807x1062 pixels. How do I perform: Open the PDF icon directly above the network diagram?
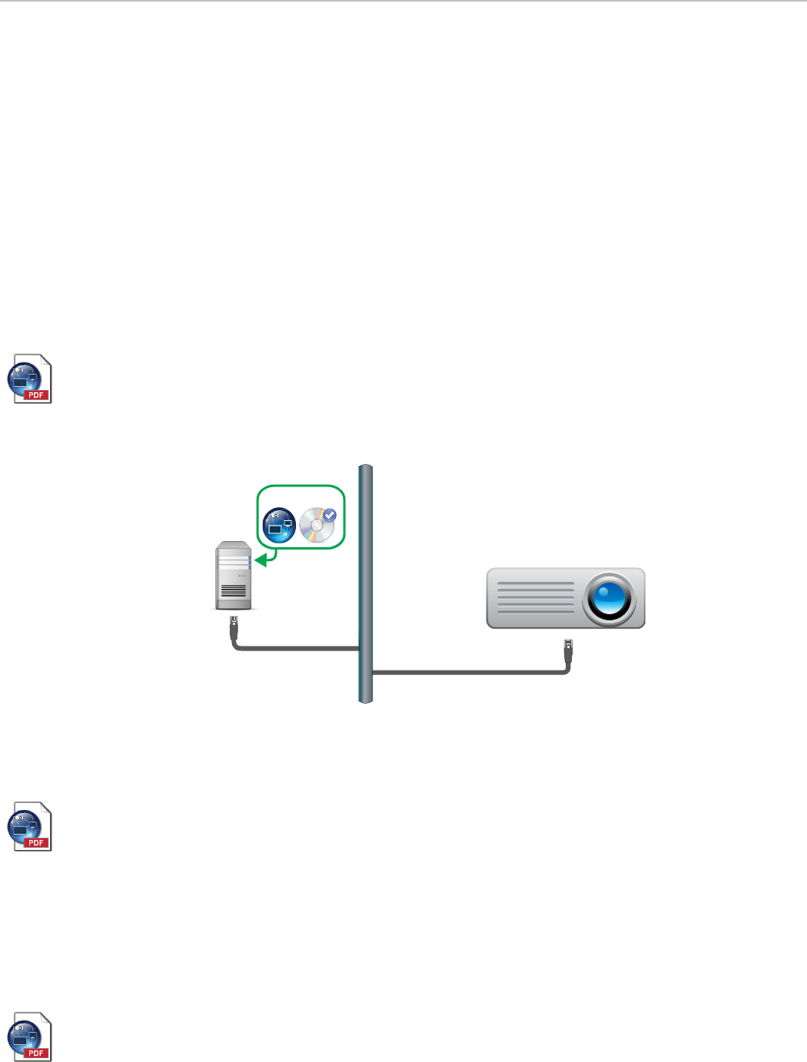point(30,378)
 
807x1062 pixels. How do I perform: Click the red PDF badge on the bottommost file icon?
point(36,1053)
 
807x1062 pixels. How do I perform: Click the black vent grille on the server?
point(234,592)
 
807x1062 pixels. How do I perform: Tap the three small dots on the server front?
point(242,575)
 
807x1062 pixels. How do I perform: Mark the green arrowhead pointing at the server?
point(261,560)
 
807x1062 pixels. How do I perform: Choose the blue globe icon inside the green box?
point(279,525)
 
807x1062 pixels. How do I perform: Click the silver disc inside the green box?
point(316,526)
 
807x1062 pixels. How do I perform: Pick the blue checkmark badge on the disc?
point(329,515)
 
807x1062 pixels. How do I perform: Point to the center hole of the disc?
point(315,528)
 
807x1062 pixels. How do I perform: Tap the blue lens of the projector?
point(609,598)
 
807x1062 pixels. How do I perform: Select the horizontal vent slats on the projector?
point(536,598)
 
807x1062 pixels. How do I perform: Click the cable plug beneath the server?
point(234,623)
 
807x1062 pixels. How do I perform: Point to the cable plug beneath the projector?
point(568,647)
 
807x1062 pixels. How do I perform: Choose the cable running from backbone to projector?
point(470,673)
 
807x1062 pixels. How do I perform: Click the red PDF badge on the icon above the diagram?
point(36,395)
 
